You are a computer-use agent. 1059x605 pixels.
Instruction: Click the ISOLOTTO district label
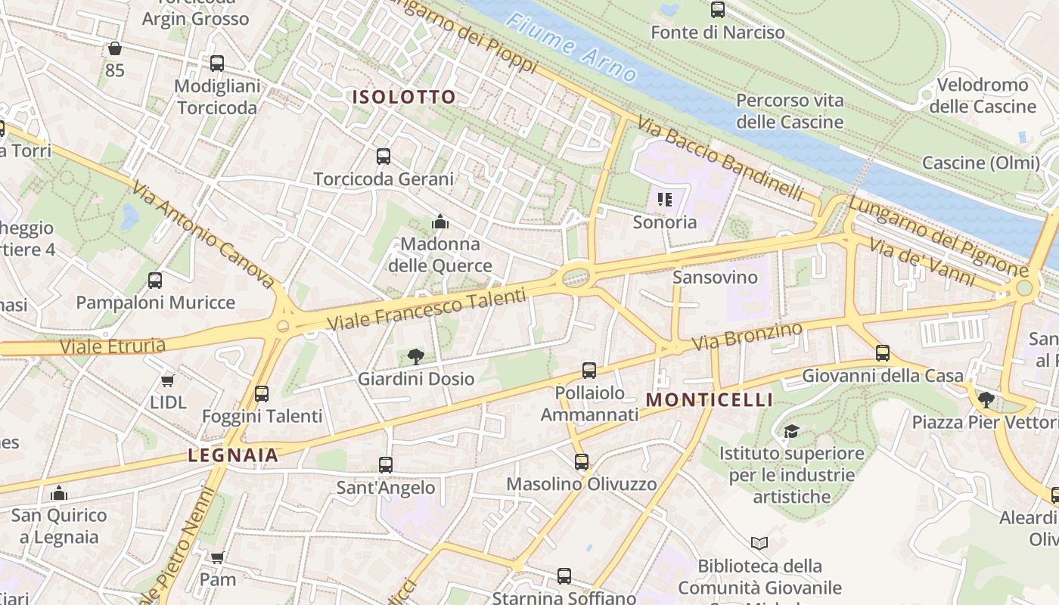tap(404, 97)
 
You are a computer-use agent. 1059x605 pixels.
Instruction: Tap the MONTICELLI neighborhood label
tap(710, 399)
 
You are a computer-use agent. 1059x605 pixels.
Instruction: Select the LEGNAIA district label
tap(233, 455)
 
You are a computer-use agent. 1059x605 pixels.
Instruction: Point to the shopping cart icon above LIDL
tap(168, 380)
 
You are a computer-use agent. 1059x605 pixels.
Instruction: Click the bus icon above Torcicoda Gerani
tap(384, 157)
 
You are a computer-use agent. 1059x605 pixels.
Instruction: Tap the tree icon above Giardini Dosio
tap(415, 356)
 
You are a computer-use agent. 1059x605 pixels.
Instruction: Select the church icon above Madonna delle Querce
tap(439, 222)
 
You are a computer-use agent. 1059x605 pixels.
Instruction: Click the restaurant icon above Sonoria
tap(665, 200)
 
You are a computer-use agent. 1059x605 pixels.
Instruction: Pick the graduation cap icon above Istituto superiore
tap(791, 431)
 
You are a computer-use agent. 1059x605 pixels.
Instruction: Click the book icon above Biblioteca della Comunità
tap(759, 543)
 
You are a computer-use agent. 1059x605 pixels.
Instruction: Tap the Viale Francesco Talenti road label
tap(425, 310)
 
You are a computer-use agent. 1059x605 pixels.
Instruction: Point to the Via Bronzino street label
tap(747, 337)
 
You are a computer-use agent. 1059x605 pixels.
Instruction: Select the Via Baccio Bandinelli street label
tap(719, 158)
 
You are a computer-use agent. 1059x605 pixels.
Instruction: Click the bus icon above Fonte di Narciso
tap(718, 10)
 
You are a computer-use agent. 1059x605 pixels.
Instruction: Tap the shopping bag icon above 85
tap(114, 48)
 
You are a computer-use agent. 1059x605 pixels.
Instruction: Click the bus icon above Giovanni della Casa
tap(882, 352)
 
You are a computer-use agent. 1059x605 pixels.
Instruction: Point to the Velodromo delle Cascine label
tap(982, 95)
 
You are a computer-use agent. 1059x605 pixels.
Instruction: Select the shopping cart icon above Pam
tap(217, 557)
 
